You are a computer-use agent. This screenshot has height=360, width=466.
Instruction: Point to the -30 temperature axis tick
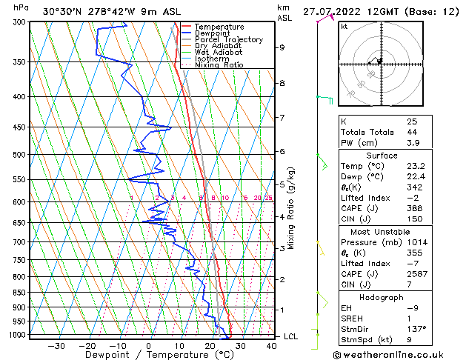click(x=56, y=345)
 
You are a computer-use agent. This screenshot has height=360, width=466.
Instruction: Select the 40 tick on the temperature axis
click(x=271, y=345)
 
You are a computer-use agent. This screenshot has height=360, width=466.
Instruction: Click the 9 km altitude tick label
click(x=282, y=47)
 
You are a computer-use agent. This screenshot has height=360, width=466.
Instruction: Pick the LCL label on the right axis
click(x=291, y=336)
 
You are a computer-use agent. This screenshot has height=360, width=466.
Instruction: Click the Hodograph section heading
click(x=382, y=297)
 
